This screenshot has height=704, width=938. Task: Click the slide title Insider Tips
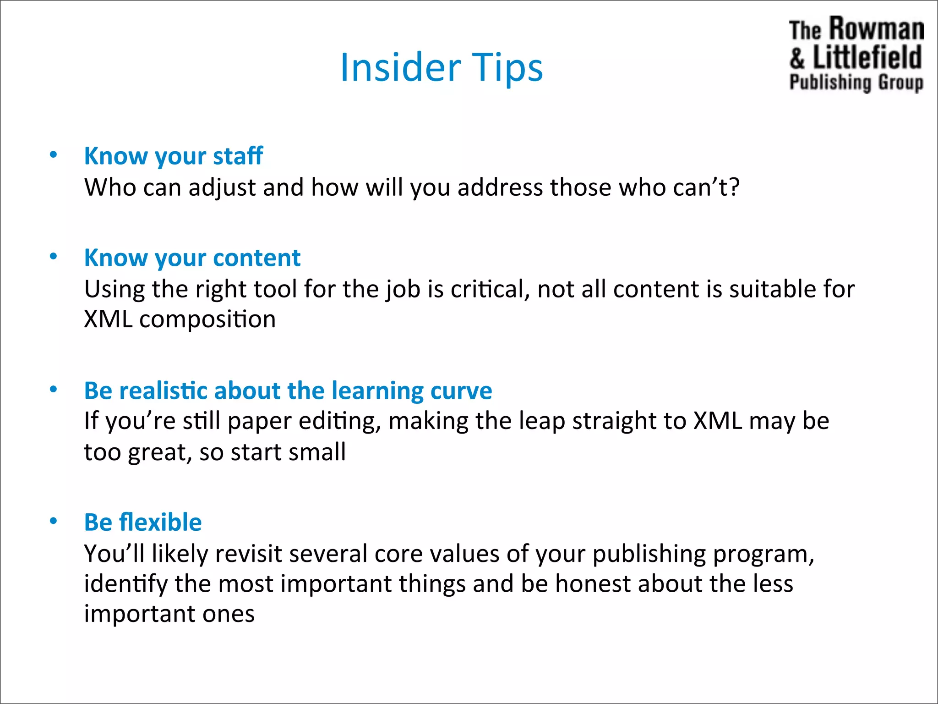coord(442,67)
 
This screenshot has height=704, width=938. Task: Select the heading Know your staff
coord(173,156)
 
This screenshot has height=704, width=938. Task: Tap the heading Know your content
coord(192,258)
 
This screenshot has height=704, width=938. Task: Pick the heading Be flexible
coord(143,522)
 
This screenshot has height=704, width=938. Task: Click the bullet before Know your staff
coord(54,154)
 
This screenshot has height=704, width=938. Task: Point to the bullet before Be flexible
coord(54,521)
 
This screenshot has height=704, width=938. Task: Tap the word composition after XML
coord(207,319)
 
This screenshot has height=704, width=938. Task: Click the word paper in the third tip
coord(259,421)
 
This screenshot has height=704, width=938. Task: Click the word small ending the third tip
coord(317,452)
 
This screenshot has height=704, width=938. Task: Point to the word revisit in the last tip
coord(248,554)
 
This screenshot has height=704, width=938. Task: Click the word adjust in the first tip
coord(222,188)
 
